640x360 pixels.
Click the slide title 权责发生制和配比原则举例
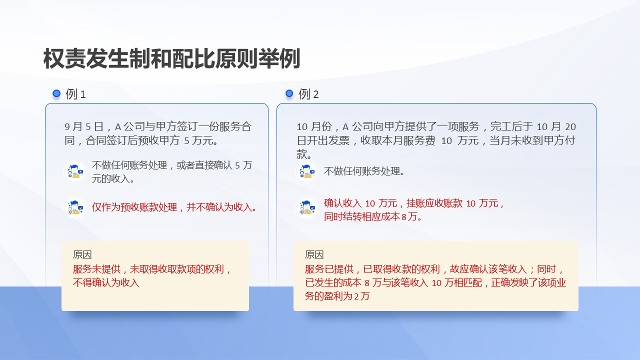[x=171, y=59]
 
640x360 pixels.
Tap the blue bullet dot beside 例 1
[x=56, y=93]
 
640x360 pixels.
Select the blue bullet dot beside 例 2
[x=289, y=93]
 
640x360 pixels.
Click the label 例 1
[x=76, y=94]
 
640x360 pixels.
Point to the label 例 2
[x=308, y=94]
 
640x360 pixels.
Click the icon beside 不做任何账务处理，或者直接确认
[x=75, y=171]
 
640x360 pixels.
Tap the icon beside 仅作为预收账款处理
[x=75, y=207]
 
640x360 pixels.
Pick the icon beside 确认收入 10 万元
[x=307, y=207]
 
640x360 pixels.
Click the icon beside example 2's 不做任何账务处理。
[x=307, y=171]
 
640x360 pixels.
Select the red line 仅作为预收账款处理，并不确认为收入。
[x=174, y=207]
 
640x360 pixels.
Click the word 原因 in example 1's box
[x=82, y=254]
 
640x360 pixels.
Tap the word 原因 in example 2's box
[x=314, y=254]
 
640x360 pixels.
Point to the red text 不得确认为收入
[x=106, y=282]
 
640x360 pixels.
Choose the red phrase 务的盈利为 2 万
[x=337, y=296]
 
